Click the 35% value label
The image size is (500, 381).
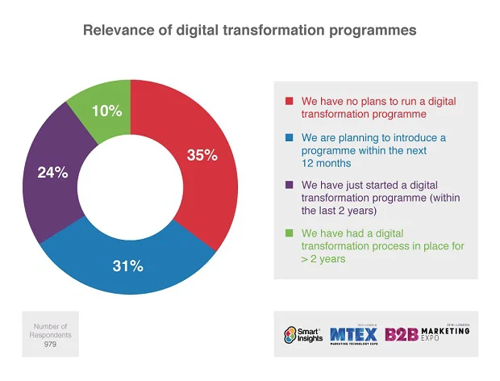coord(202,156)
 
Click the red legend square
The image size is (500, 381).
coord(289,102)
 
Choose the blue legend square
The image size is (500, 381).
coord(289,138)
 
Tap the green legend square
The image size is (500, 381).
coord(289,234)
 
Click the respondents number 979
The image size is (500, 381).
coord(52,343)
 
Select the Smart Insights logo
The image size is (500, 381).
coord(304,334)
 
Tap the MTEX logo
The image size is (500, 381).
coord(352,334)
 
